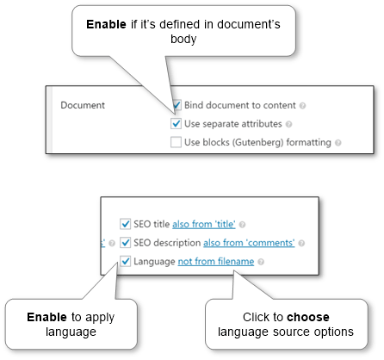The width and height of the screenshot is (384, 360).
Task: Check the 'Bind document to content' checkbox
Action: (x=177, y=105)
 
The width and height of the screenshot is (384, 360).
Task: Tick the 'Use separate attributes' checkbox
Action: (x=176, y=124)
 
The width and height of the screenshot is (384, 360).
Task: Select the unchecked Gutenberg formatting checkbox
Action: (x=176, y=142)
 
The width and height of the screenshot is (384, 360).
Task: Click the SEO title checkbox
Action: (x=125, y=224)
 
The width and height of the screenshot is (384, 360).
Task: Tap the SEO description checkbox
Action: (x=125, y=243)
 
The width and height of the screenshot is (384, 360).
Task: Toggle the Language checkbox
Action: (x=125, y=261)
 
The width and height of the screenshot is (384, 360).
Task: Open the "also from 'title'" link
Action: (x=204, y=224)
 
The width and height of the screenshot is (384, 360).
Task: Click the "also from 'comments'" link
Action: (x=249, y=243)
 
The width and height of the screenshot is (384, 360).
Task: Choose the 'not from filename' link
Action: (x=216, y=262)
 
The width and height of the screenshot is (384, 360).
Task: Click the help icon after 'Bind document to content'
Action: (x=302, y=106)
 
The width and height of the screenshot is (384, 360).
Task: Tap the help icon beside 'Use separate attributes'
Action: (x=289, y=124)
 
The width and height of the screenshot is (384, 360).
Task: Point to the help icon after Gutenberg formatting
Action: (x=338, y=143)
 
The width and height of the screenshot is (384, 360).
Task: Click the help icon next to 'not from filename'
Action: (x=261, y=262)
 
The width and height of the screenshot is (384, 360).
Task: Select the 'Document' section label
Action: (x=83, y=105)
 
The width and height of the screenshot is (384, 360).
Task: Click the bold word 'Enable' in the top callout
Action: (x=106, y=24)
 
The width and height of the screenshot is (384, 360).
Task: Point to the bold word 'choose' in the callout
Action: (x=308, y=317)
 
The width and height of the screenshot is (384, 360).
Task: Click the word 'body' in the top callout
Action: (x=183, y=39)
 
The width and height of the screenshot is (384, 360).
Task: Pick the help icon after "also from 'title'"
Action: (x=242, y=225)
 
